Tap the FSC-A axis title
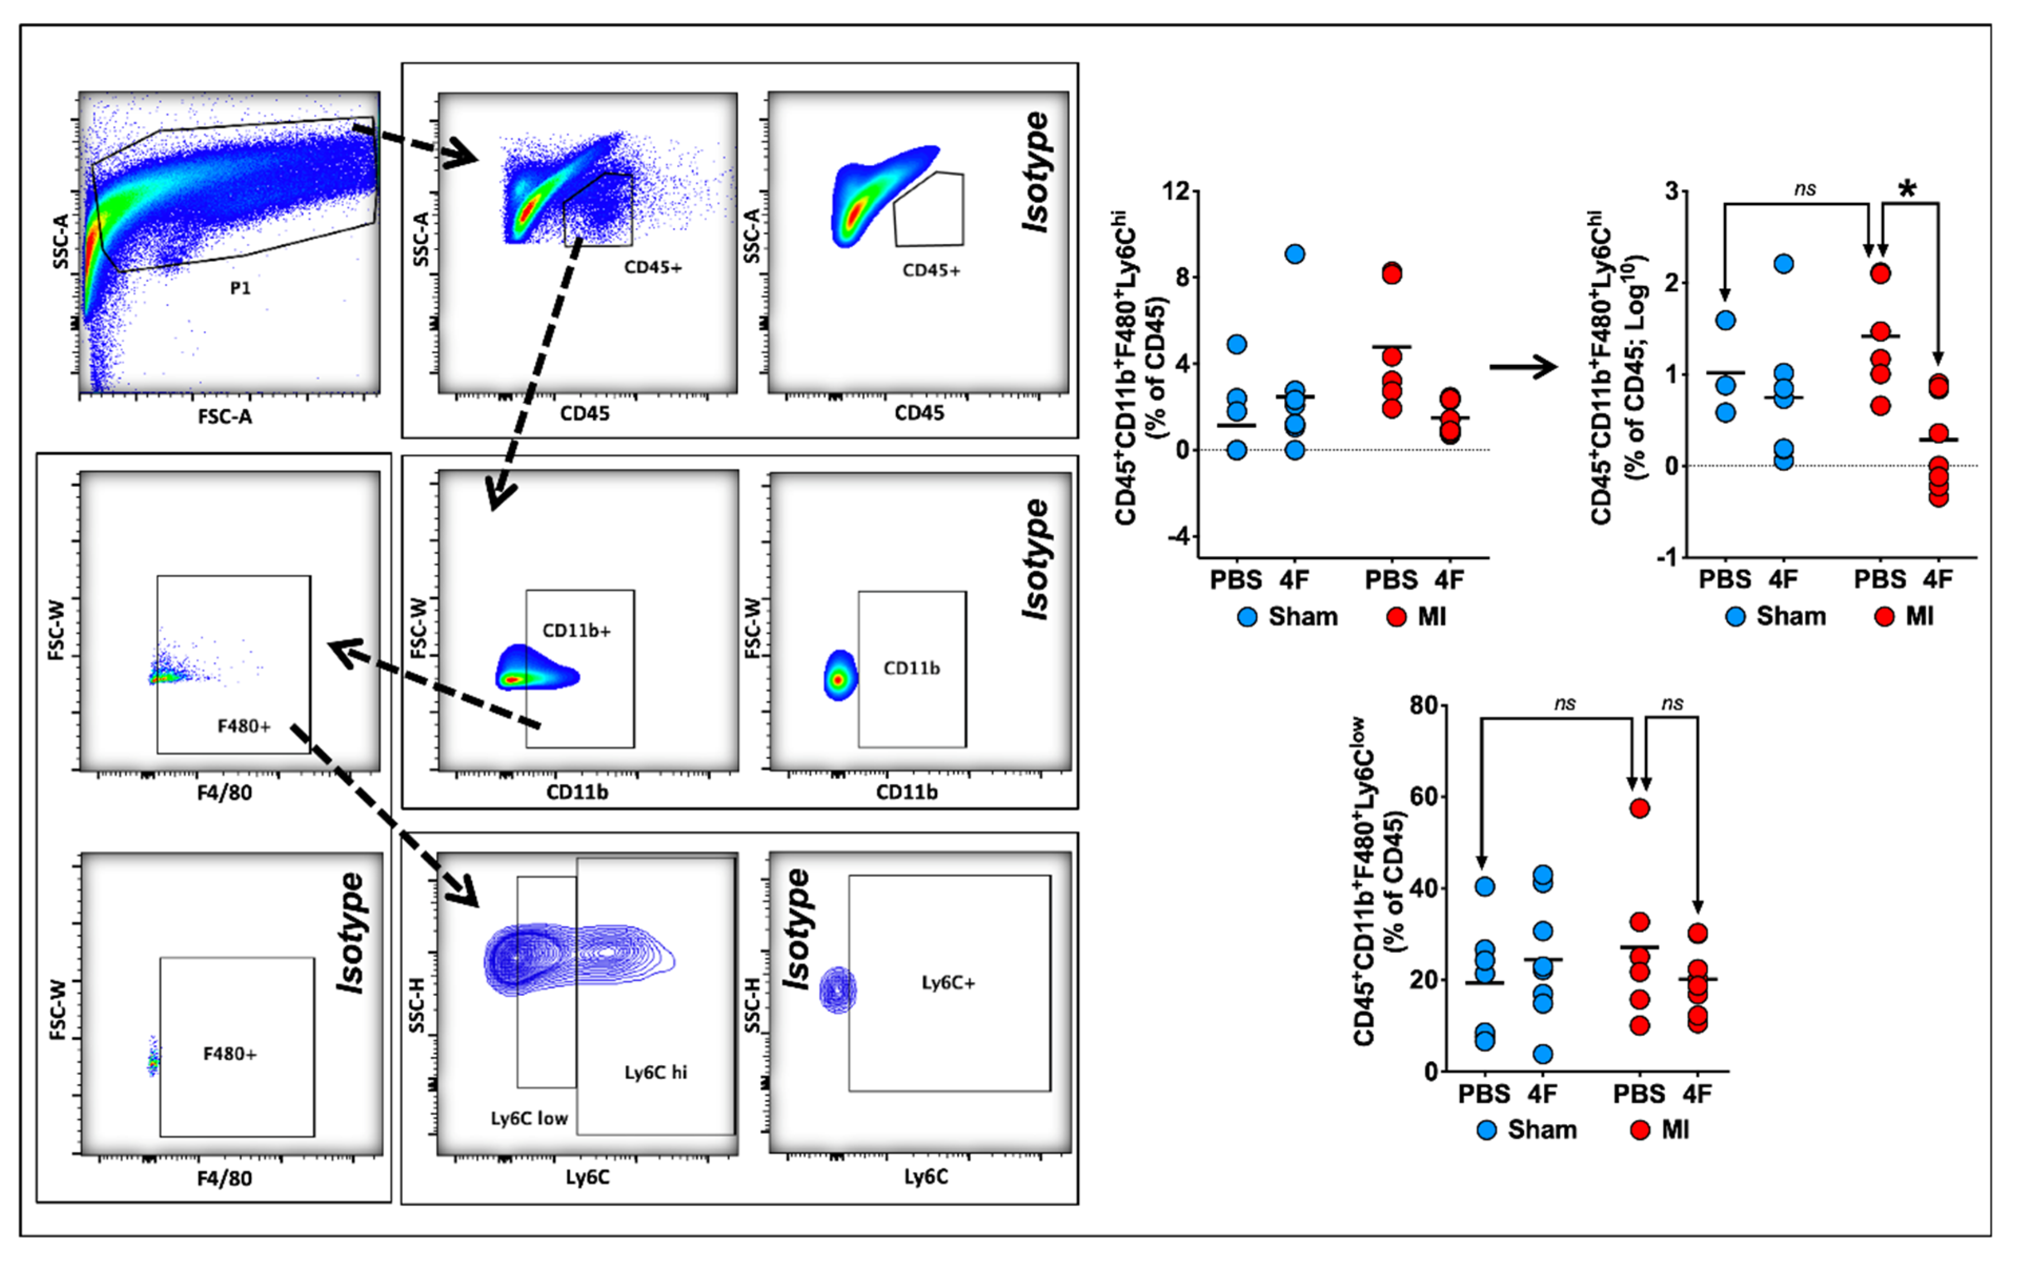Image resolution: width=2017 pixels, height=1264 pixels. point(225,415)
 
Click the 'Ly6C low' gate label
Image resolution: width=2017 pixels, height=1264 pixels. point(529,1118)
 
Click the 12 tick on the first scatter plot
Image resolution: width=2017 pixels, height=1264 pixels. point(1175,191)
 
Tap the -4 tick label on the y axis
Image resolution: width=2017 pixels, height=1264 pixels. point(1179,537)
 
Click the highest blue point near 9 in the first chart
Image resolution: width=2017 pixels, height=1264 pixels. point(1294,254)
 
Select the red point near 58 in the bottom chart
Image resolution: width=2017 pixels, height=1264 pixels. point(1640,808)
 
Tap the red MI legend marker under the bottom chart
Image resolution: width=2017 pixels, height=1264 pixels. point(1641,1130)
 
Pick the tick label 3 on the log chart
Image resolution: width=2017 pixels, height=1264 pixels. point(1671,191)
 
